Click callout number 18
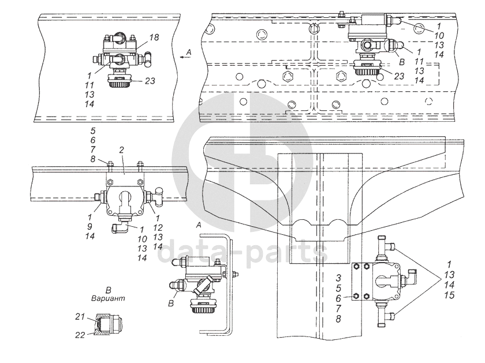[154, 38]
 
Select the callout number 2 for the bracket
[121, 150]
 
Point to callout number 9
[89, 227]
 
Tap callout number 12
[158, 228]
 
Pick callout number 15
[449, 295]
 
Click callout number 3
[338, 278]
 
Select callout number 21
[80, 317]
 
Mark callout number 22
[80, 335]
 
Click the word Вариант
[109, 298]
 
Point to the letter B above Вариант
[109, 290]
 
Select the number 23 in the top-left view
[150, 81]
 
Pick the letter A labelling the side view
[199, 225]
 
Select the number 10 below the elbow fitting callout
[142, 239]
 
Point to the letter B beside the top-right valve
[402, 62]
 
